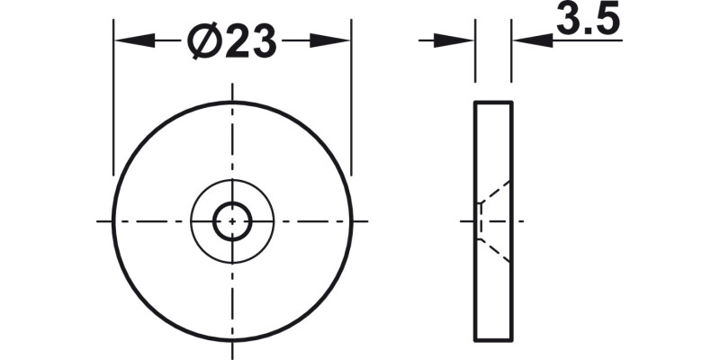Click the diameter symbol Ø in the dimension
(x=205, y=41)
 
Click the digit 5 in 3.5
(x=608, y=20)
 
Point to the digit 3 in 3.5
(x=569, y=20)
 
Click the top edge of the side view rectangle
(x=493, y=103)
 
